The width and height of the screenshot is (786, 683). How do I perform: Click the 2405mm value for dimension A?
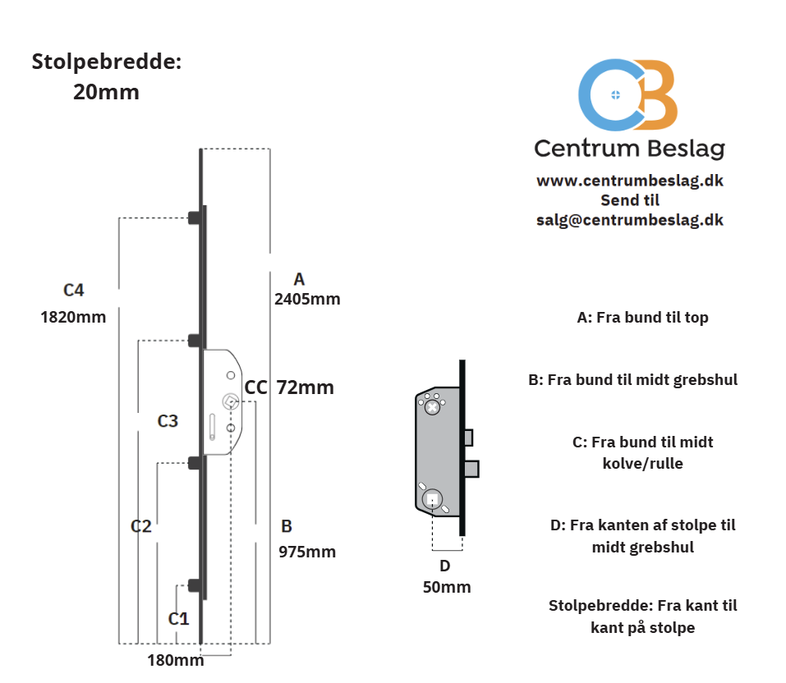[307, 299]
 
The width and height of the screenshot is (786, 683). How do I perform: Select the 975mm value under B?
[307, 552]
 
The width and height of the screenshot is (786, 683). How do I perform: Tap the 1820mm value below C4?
[73, 317]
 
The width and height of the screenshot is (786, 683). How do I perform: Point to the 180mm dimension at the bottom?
[176, 660]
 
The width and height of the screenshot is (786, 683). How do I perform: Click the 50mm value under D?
[447, 587]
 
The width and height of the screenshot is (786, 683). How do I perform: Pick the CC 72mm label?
[289, 387]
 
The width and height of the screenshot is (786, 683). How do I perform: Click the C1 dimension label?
[179, 618]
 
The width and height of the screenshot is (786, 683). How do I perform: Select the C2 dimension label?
[141, 526]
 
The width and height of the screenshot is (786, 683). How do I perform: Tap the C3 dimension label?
[168, 421]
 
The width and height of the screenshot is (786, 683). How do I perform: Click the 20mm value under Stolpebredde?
[106, 92]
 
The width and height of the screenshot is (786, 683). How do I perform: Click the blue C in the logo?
[608, 94]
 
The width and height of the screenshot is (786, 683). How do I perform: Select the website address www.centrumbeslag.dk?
[630, 181]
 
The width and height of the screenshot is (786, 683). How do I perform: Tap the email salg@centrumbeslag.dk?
[630, 220]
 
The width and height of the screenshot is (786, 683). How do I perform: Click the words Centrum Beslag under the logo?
[629, 148]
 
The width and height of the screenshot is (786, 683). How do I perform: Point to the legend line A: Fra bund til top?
[642, 318]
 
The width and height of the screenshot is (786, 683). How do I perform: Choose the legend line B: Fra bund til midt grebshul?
[632, 380]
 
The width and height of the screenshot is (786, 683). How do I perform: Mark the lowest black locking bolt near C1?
[195, 584]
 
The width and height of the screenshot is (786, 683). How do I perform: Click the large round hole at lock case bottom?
[431, 498]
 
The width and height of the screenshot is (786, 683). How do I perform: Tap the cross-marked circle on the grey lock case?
[432, 406]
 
